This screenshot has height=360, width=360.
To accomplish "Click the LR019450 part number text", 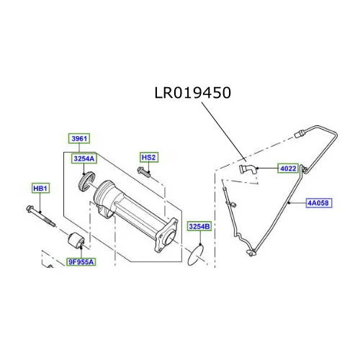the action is click(x=193, y=93).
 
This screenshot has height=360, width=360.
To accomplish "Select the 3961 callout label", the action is click(x=79, y=138).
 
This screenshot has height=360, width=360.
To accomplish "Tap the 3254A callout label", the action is click(x=84, y=158).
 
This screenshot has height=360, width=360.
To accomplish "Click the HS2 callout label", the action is click(x=149, y=158).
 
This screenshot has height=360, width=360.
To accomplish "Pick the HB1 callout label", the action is click(x=40, y=189).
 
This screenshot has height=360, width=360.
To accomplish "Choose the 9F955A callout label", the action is click(x=81, y=262).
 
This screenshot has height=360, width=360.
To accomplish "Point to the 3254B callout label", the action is click(x=199, y=226).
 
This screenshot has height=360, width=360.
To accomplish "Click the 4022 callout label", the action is click(x=288, y=168).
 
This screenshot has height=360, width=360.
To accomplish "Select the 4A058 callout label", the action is click(x=318, y=203).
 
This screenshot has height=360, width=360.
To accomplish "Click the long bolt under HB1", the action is click(x=41, y=216).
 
